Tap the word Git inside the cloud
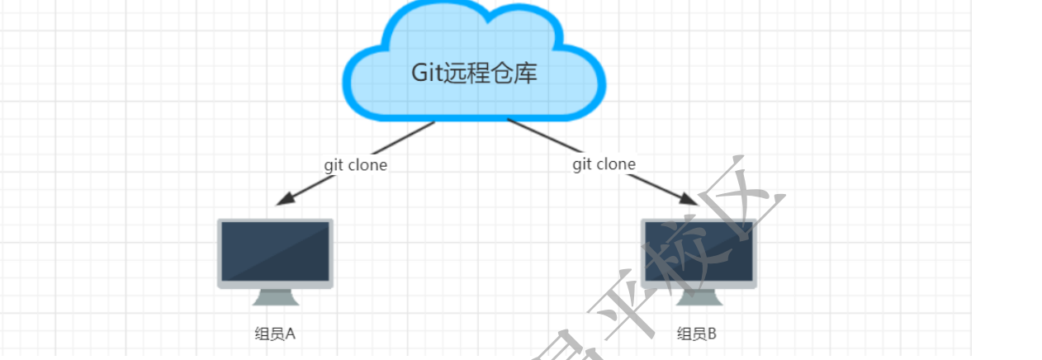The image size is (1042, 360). click(x=426, y=73)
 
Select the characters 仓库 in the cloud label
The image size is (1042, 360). click(x=516, y=73)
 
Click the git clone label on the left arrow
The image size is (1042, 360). click(x=355, y=164)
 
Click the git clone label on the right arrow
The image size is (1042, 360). click(x=604, y=164)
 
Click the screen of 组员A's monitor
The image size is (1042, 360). click(x=275, y=251)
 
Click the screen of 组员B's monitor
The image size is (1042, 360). click(x=699, y=251)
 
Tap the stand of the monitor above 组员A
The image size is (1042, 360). click(x=275, y=296)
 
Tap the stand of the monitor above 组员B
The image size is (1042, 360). click(x=699, y=296)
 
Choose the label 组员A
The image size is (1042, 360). click(x=275, y=334)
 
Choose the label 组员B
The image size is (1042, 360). click(x=697, y=334)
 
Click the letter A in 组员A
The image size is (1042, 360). click(x=290, y=334)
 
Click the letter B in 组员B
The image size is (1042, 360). click(x=712, y=334)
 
